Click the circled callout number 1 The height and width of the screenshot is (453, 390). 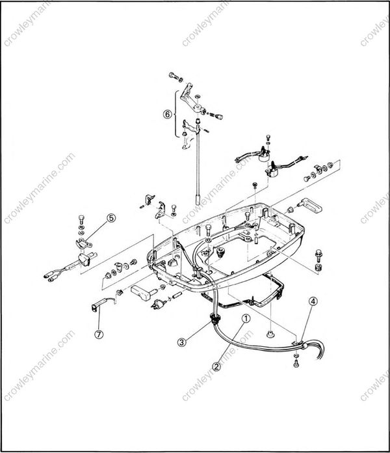247,318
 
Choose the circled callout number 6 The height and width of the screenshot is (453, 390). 168,114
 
